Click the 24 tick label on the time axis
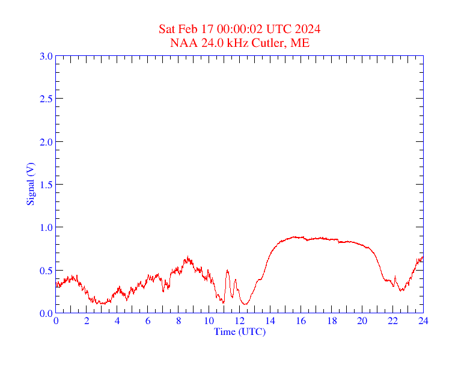point(423,321)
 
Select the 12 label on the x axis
point(239,321)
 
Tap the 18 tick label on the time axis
point(331,321)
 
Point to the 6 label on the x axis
point(148,321)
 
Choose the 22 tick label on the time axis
point(392,321)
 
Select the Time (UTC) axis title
point(239,331)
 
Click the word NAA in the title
point(182,43)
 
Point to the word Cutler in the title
point(270,43)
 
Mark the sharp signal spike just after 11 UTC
point(228,271)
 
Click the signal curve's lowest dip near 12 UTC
point(245,304)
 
